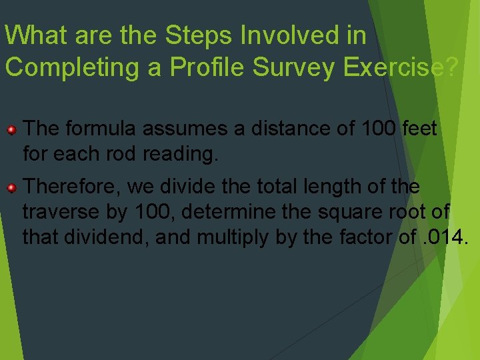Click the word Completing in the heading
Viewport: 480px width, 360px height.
[x=75, y=67]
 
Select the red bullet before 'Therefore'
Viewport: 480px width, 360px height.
[x=11, y=189]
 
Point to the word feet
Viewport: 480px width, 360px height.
[x=421, y=128]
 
